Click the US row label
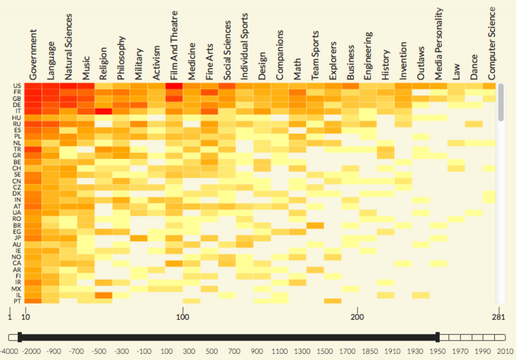click(x=17, y=86)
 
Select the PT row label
click(x=17, y=301)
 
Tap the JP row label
click(x=17, y=238)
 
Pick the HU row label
click(x=17, y=117)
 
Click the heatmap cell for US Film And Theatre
click(x=174, y=86)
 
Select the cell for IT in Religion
click(x=103, y=111)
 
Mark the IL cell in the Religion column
click(x=103, y=295)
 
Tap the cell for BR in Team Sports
click(x=315, y=225)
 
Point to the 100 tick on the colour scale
click(x=183, y=317)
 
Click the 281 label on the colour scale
click(x=498, y=317)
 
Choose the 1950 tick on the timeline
click(x=438, y=350)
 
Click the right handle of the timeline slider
click(x=438, y=337)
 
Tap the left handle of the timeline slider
click(x=19, y=337)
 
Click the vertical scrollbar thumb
click(x=500, y=102)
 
